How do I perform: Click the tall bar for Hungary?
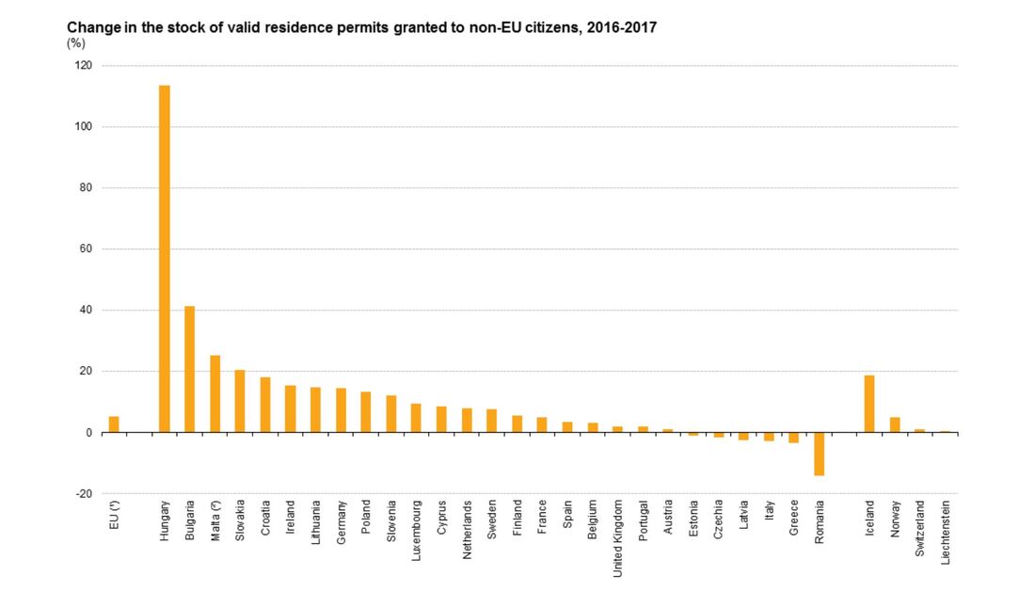164,259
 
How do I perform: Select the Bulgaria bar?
189,369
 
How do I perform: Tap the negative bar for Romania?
819,454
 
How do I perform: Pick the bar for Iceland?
869,404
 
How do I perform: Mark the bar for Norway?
895,424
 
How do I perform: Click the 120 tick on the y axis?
85,66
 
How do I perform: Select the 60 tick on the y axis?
87,249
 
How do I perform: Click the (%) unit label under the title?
75,43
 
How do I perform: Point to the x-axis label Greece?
794,520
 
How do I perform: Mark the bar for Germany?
341,410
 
